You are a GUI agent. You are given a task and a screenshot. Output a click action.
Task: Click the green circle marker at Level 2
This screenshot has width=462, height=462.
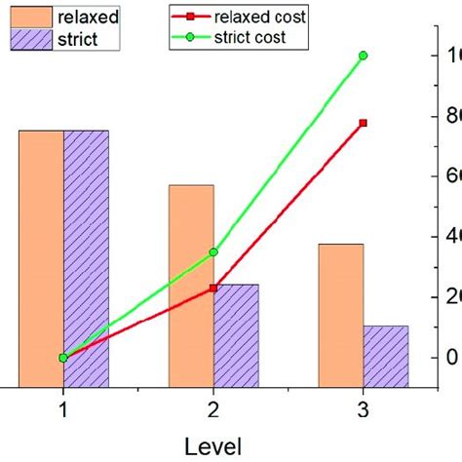(213, 251)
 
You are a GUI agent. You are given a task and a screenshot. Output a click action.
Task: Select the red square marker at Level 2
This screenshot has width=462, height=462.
(213, 289)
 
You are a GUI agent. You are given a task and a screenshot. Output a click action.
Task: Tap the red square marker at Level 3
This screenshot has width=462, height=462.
(363, 123)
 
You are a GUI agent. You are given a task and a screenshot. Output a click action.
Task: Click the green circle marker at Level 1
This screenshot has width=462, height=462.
(63, 358)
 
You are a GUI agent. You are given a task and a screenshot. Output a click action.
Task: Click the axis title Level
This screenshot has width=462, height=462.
(212, 445)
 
